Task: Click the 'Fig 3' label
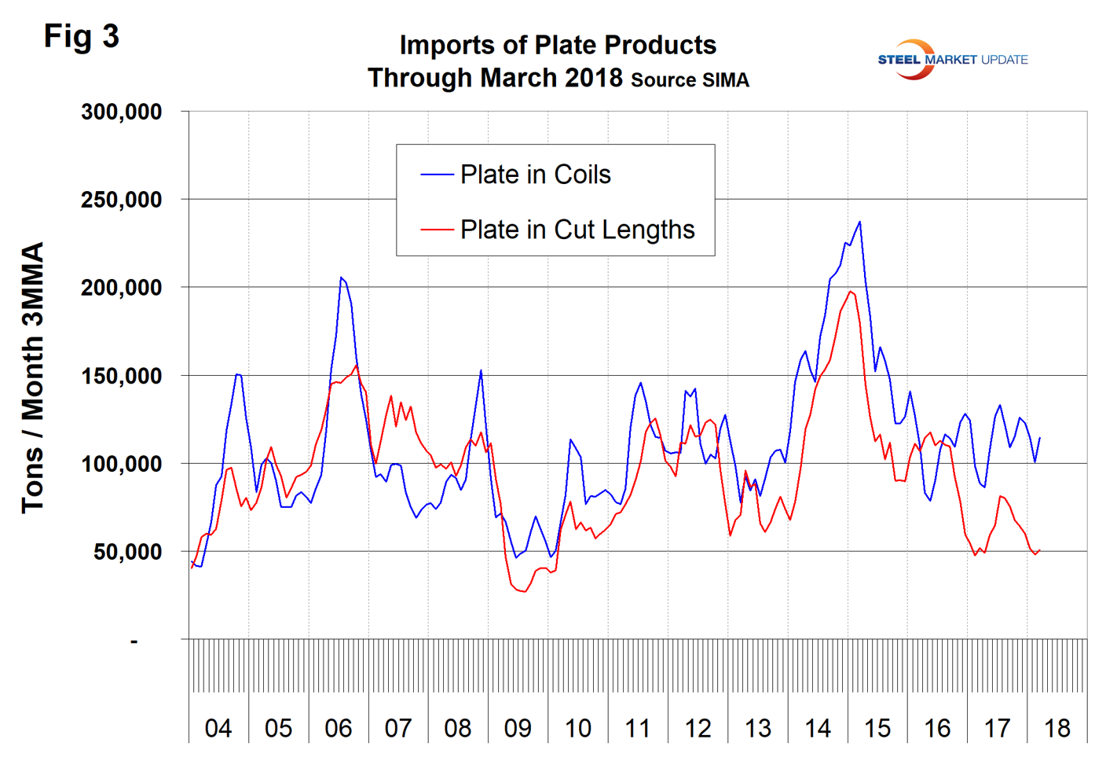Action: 81,36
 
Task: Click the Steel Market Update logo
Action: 952,60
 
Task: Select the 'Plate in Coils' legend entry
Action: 535,175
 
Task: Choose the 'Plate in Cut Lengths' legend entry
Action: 577,230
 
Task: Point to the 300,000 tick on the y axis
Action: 121,112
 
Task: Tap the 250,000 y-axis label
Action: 121,200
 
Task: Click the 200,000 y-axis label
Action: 121,288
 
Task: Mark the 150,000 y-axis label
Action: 121,376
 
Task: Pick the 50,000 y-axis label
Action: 127,552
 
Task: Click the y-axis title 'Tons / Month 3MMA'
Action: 32,377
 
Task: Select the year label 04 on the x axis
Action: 218,729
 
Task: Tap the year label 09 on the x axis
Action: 518,729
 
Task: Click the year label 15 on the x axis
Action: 877,729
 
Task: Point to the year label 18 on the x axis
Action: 1057,729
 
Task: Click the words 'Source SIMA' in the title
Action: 690,80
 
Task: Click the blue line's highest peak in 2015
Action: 860,222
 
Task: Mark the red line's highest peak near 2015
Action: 851,292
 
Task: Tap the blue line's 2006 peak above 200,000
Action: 341,278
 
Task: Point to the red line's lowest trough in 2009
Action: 524,591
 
